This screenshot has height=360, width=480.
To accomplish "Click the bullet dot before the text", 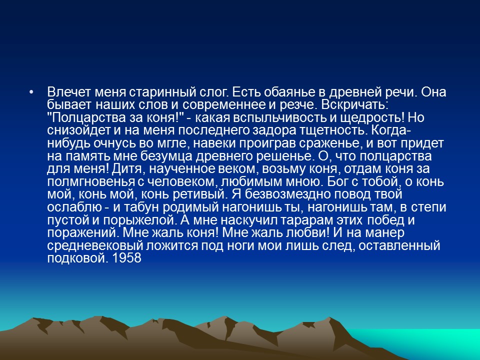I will coord(32,93).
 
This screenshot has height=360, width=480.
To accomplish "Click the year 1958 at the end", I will coord(128,258).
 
